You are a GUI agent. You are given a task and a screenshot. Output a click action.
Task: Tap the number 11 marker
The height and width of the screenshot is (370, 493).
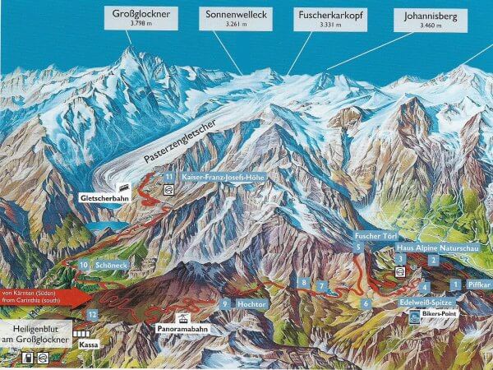pyautogui.click(x=168, y=177)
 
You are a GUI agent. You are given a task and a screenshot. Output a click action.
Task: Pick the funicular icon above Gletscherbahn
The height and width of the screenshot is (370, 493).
pyautogui.click(x=126, y=186)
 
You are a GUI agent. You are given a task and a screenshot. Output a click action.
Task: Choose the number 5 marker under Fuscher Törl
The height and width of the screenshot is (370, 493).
pyautogui.click(x=359, y=247)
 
